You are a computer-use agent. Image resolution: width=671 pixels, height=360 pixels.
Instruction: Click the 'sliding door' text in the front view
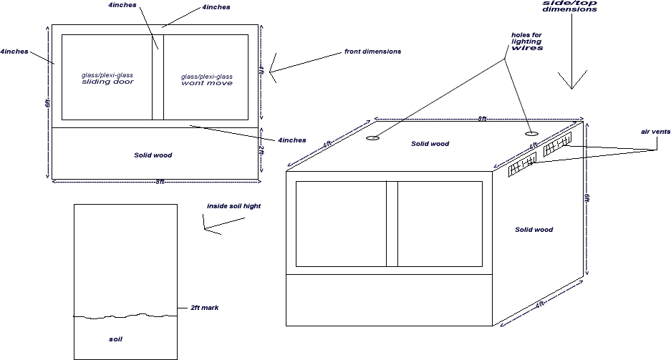pos(108,82)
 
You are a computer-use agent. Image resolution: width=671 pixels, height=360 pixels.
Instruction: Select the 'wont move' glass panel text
pos(207,83)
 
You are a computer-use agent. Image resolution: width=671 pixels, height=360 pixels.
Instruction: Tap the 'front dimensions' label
pos(372,52)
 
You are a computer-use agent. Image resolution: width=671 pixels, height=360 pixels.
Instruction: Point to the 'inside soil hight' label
pos(233,206)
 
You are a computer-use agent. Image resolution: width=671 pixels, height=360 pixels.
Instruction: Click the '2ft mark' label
pos(205,308)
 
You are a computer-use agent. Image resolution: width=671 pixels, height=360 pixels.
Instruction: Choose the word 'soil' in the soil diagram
pos(115,339)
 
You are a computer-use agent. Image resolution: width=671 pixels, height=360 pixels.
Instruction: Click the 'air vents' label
pos(655,132)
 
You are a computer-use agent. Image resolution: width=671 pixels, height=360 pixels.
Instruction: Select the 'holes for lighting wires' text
pos(527,42)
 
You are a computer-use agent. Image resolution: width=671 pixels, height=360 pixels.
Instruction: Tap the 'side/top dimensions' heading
pos(569,6)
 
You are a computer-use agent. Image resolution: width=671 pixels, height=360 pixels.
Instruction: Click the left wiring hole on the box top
pos(373,138)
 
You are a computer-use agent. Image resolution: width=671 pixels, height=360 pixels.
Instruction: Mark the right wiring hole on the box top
pos(531,134)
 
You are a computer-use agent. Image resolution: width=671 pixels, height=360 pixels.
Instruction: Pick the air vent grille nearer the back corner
pos(558,145)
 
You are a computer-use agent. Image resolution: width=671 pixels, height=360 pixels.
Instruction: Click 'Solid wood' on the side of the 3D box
pos(534,230)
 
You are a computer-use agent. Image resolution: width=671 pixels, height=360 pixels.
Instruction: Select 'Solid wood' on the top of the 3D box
pos(430,144)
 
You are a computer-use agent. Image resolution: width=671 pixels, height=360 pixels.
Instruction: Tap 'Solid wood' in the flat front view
pos(153,155)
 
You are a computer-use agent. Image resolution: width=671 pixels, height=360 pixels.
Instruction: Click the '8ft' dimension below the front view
pos(160,182)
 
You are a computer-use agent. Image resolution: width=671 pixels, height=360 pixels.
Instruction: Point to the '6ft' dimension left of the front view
pos(47,103)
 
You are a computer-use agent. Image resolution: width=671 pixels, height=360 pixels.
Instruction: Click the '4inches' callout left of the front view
pos(14,52)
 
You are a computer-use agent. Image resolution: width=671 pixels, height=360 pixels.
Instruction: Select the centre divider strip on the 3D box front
pos(392,224)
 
